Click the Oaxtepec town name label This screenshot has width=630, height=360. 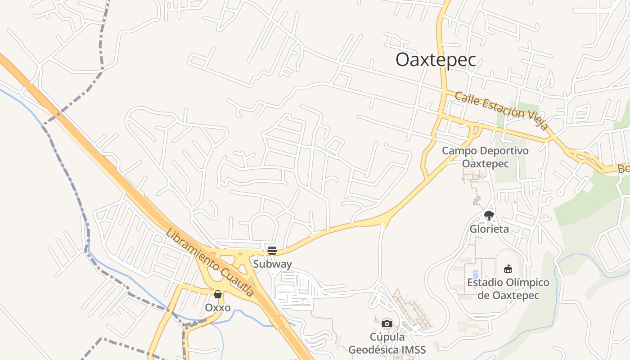coord(436,60)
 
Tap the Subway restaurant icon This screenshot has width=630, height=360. coord(272,251)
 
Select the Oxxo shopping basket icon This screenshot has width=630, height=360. coord(218,294)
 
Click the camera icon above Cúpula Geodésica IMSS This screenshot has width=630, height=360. coord(387,324)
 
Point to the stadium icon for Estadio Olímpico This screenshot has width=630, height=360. coord(508,269)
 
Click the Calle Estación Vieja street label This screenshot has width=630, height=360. coord(502,111)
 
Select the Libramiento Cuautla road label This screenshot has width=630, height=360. coord(210,262)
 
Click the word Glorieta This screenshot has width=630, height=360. coord(489,229)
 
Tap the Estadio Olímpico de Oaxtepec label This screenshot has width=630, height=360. coord(508,289)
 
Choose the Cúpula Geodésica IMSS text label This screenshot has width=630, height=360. coord(387,343)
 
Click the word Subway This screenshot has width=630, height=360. coord(272,264)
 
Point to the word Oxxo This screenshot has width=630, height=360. coord(218,308)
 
